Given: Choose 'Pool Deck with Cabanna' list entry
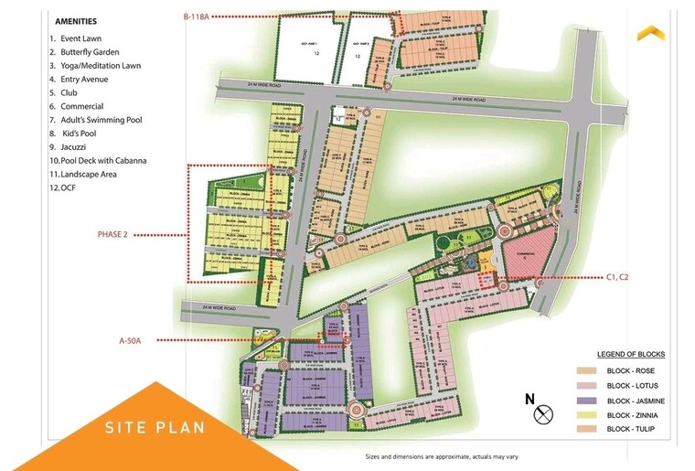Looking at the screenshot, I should click(x=103, y=160).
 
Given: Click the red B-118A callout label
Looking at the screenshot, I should click(x=197, y=16).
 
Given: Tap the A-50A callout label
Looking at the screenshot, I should click(x=134, y=340).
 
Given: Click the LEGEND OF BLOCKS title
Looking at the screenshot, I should click(x=631, y=354).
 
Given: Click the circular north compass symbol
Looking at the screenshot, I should click(x=544, y=414).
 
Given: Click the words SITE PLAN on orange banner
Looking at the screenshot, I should click(x=155, y=427).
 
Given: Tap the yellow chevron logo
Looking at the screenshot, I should click(x=651, y=32).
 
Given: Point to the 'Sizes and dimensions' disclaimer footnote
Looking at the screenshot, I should click(x=441, y=456).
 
